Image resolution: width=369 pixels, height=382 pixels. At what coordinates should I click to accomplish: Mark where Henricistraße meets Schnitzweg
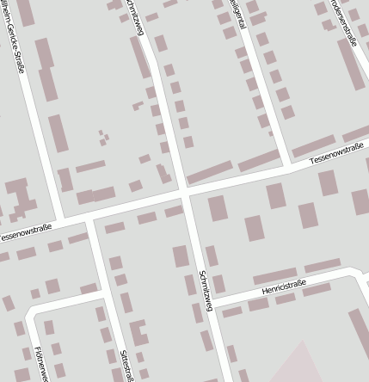[210, 307]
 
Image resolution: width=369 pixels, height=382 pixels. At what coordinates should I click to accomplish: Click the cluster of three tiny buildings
[103, 137]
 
